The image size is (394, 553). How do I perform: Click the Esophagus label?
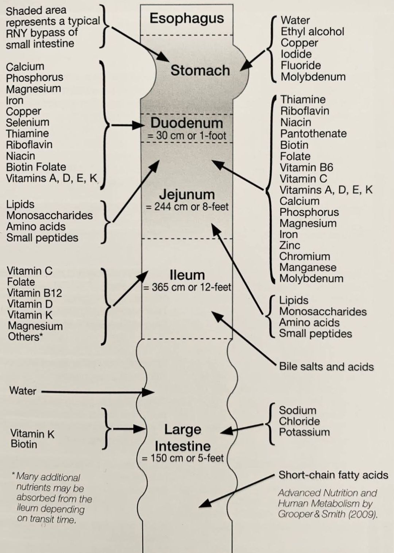[186, 18]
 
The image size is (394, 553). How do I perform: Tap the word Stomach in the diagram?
[200, 70]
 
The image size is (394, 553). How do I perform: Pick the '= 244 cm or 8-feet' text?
[187, 207]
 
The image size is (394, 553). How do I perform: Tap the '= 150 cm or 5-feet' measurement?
[182, 458]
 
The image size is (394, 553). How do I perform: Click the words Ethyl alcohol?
[312, 31]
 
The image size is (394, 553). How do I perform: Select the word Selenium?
[27, 122]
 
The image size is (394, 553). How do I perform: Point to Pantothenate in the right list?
[313, 133]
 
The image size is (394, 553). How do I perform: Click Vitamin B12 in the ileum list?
[35, 293]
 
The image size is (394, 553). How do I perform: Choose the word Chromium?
[305, 256]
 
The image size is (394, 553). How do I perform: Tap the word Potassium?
[304, 432]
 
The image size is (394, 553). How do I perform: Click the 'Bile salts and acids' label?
[326, 366]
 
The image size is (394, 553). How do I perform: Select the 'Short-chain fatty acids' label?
[333, 475]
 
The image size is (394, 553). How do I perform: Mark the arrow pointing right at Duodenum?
[128, 125]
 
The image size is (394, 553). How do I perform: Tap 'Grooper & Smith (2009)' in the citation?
[327, 514]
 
